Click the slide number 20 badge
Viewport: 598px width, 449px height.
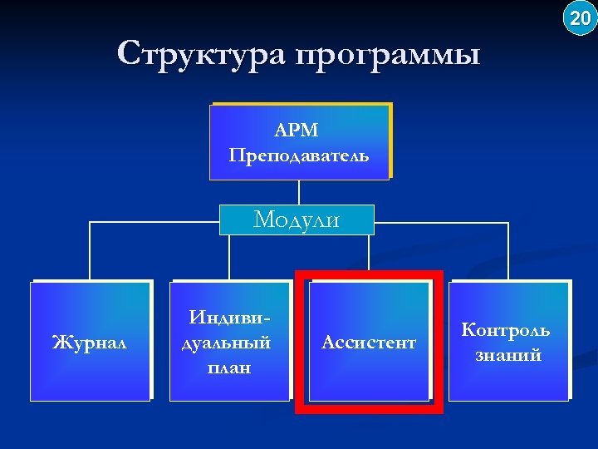tap(579, 17)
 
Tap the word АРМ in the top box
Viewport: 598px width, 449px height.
tap(298, 131)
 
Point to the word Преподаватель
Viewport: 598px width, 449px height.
tap(298, 155)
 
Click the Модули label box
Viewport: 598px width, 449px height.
tap(297, 220)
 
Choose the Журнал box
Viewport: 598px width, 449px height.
tap(91, 341)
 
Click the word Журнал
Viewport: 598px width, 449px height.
tap(90, 342)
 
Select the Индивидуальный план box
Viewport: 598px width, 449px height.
tap(229, 341)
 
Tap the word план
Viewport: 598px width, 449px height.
tap(229, 367)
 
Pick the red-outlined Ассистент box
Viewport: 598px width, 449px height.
tap(369, 341)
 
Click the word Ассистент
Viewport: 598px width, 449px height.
tap(369, 342)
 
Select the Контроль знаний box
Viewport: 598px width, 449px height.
tap(508, 341)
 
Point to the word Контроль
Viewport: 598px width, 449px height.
tap(506, 330)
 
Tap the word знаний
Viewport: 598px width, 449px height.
tap(508, 355)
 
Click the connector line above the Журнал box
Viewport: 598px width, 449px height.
tap(90, 249)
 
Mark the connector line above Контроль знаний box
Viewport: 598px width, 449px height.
tap(507, 249)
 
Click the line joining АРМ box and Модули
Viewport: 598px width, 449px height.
tap(298, 192)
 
